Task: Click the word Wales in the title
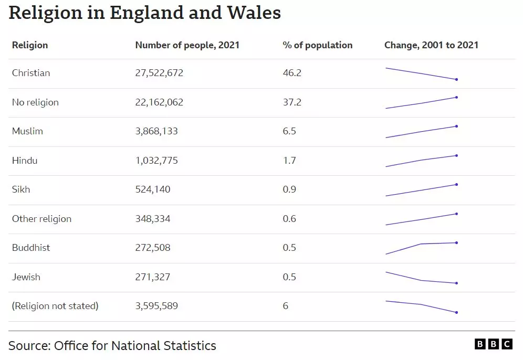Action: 254,13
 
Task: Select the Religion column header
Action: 30,45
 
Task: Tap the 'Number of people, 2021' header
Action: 187,45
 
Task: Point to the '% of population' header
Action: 317,45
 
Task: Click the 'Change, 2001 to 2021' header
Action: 431,45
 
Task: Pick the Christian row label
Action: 31,73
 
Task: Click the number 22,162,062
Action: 159,102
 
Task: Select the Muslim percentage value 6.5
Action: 289,131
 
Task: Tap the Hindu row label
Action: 25,161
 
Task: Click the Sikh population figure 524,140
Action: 153,189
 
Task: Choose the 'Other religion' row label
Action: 41,219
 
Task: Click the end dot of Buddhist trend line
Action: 457,242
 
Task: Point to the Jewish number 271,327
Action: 153,277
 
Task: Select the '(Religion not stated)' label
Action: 55,306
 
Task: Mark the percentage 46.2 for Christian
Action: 292,73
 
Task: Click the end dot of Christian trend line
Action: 457,80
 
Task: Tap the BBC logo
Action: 493,344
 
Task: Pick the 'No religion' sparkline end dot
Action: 457,97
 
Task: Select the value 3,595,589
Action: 156,306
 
